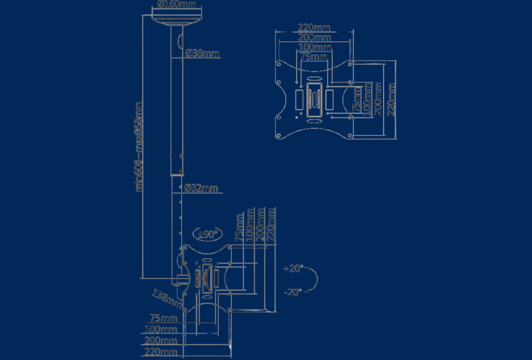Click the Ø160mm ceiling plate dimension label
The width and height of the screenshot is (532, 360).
(x=176, y=4)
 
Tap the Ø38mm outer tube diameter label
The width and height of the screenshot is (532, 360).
(x=202, y=53)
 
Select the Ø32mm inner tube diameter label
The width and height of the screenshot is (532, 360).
(x=201, y=188)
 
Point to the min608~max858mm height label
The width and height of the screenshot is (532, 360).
(x=138, y=147)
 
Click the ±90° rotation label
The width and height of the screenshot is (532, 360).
(x=207, y=234)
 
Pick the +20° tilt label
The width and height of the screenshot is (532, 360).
(x=293, y=268)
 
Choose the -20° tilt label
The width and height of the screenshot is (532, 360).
(x=293, y=292)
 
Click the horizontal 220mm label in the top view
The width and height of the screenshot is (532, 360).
(x=314, y=27)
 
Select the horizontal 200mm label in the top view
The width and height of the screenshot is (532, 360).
(x=314, y=37)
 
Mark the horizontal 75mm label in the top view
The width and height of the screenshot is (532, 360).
(x=314, y=57)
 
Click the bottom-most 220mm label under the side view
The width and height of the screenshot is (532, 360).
(x=161, y=352)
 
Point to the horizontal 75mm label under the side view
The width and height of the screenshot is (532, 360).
(x=163, y=318)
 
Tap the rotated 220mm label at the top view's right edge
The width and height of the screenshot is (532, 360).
(x=391, y=99)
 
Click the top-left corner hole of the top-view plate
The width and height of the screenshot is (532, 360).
(x=279, y=64)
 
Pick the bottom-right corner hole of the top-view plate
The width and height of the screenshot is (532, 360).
(x=350, y=136)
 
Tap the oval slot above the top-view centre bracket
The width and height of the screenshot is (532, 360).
(x=314, y=79)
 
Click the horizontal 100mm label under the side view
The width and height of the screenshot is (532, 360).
(x=161, y=329)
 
